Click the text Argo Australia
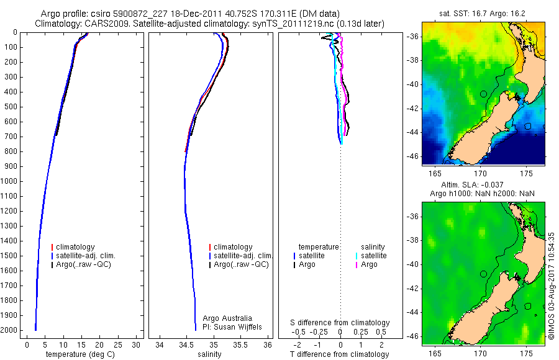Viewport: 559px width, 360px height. [x=229, y=318]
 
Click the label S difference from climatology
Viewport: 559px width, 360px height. [x=340, y=323]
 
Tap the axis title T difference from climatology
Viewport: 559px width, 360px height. [x=340, y=354]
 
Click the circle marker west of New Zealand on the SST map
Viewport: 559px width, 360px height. [x=483, y=94]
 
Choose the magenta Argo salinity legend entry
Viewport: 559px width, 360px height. [x=369, y=264]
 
